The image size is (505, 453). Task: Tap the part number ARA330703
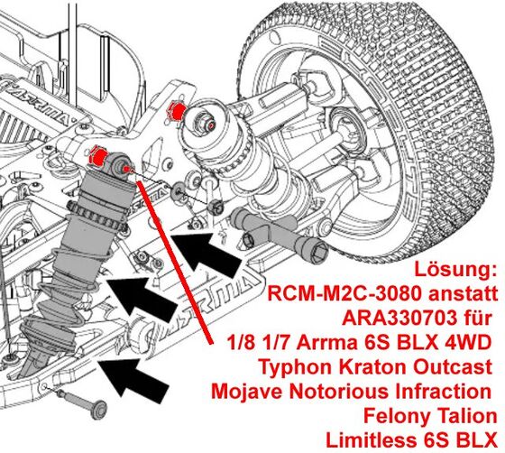[399, 318]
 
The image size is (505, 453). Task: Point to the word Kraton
[375, 366]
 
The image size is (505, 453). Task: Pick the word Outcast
[453, 366]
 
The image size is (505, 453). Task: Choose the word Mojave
[248, 392]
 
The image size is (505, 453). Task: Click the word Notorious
[340, 391]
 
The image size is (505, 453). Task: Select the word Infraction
[444, 391]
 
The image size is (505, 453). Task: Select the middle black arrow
[142, 298]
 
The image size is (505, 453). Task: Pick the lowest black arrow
[133, 380]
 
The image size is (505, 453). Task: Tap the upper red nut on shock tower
[175, 111]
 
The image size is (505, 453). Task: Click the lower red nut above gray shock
[98, 155]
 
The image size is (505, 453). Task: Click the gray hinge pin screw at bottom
[81, 401]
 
